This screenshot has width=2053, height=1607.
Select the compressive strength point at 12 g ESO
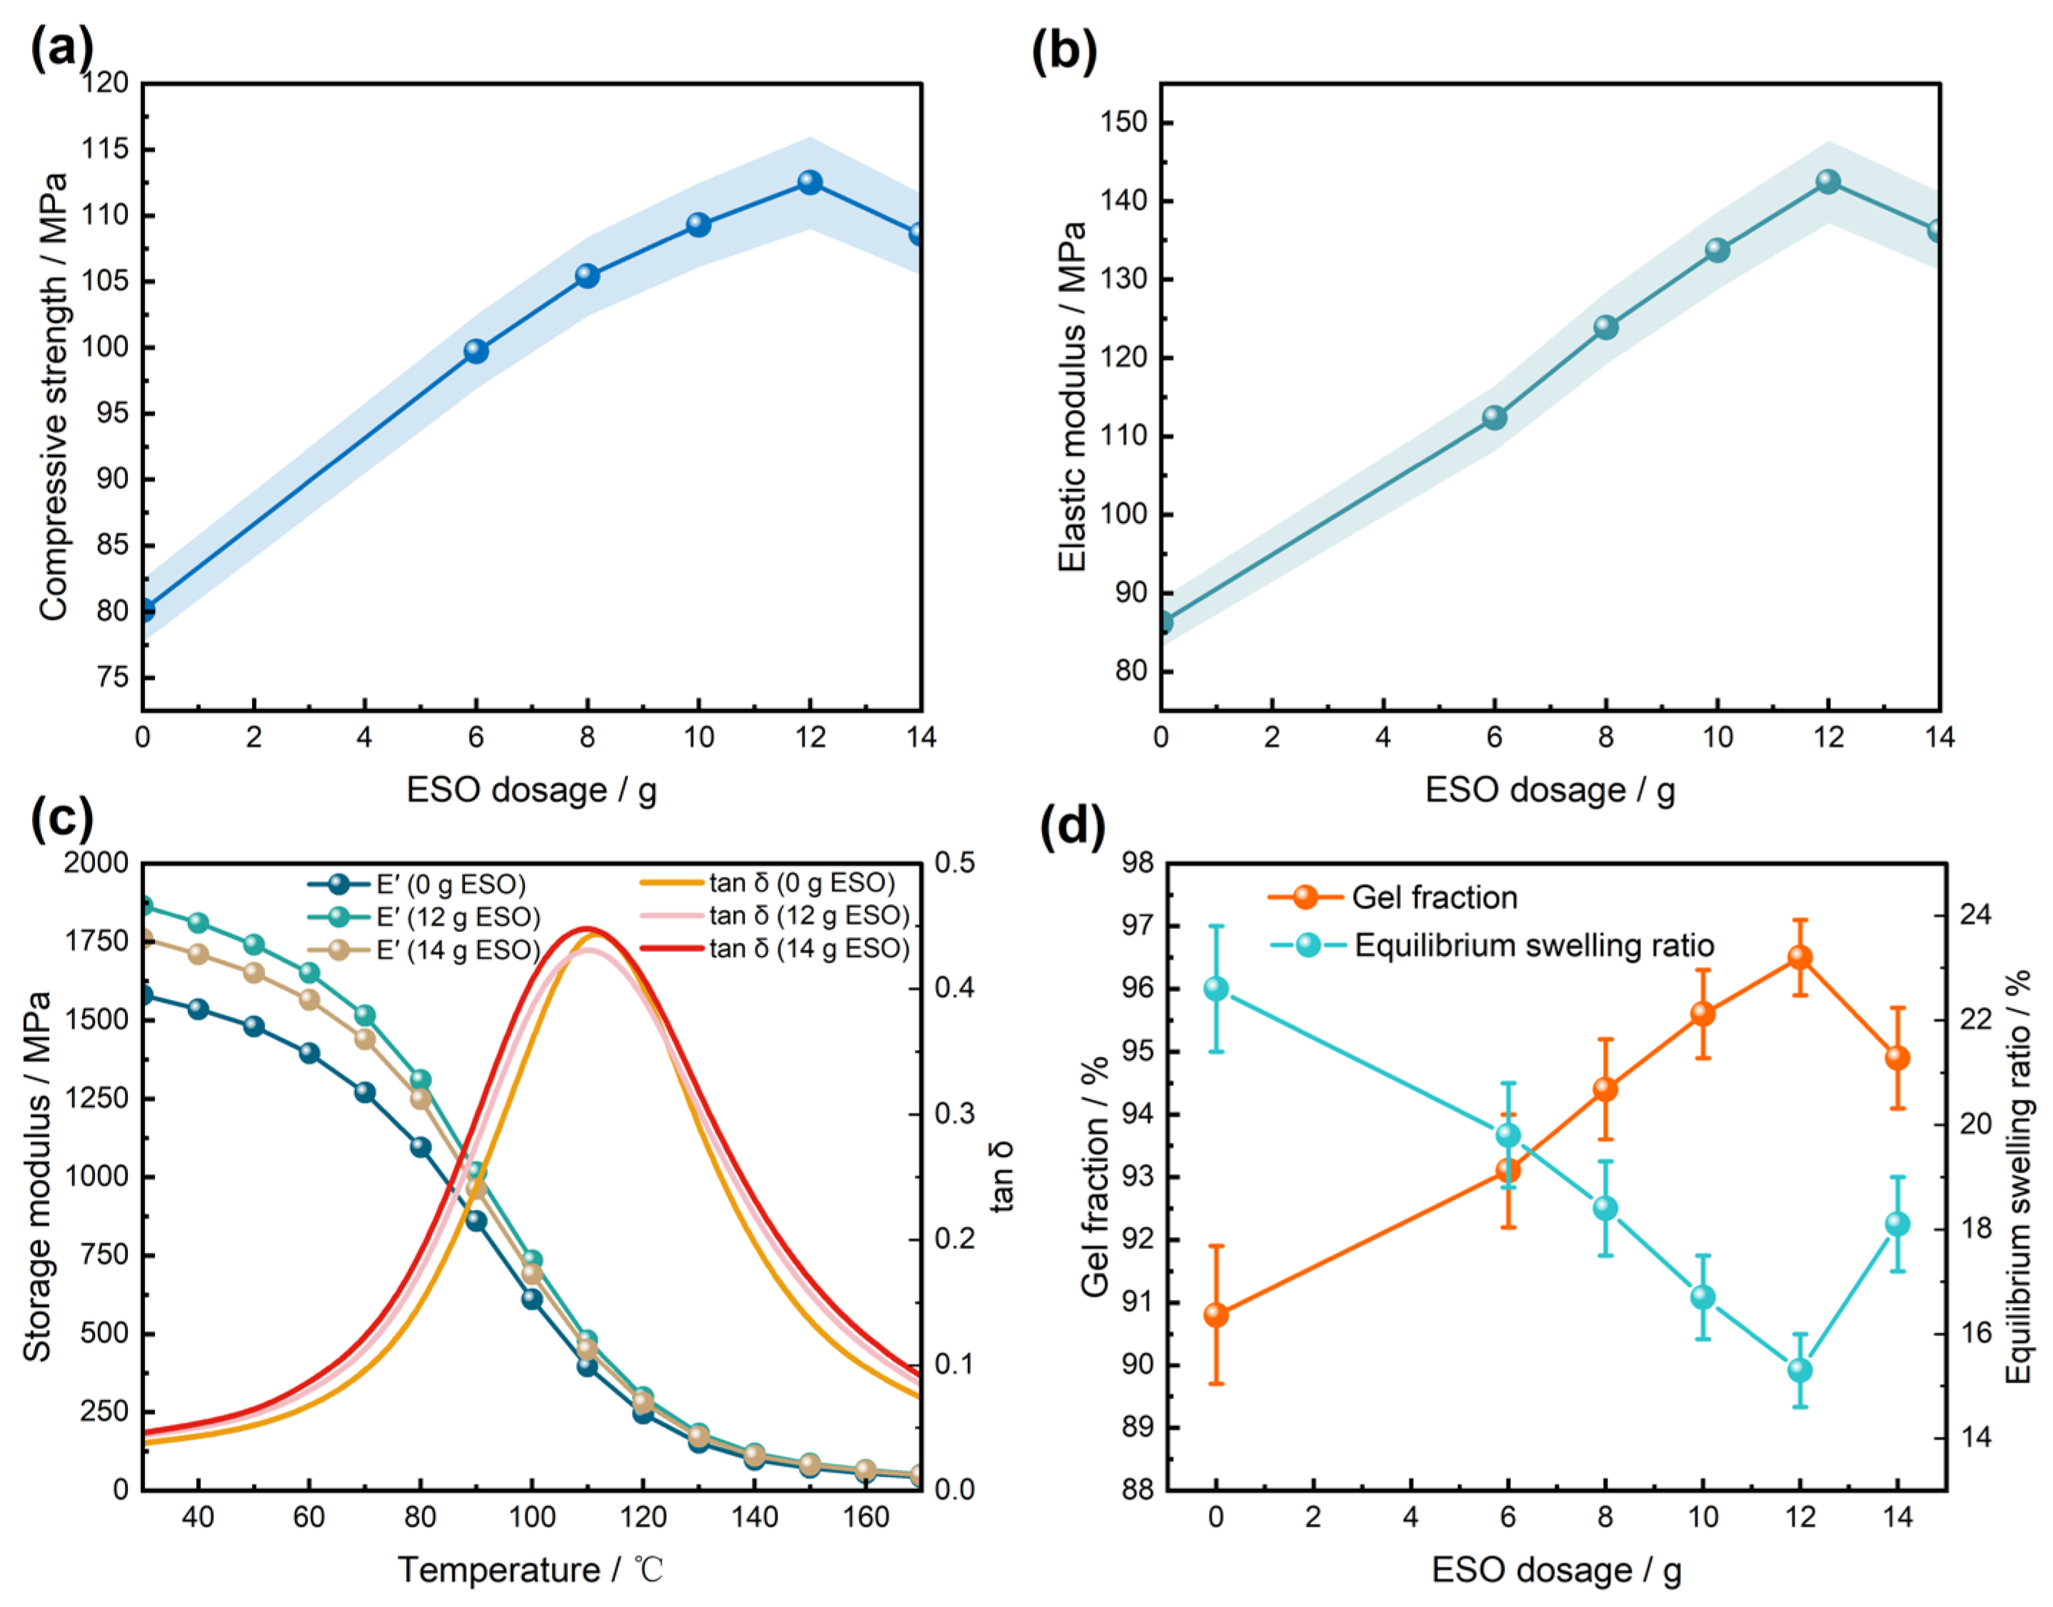(x=810, y=181)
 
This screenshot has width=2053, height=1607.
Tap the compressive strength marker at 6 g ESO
(x=476, y=351)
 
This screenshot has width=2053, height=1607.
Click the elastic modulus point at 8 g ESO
(x=1606, y=327)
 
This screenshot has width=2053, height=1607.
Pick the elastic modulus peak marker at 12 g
(x=1828, y=181)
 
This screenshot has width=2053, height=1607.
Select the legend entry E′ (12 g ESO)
(x=424, y=916)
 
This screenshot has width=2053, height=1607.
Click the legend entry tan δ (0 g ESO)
(x=766, y=883)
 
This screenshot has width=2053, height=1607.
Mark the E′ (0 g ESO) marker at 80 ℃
(x=421, y=1146)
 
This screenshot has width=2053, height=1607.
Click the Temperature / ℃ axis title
(x=531, y=1569)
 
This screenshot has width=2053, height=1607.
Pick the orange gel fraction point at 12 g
(x=1800, y=957)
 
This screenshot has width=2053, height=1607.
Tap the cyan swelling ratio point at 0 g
(x=1216, y=988)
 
